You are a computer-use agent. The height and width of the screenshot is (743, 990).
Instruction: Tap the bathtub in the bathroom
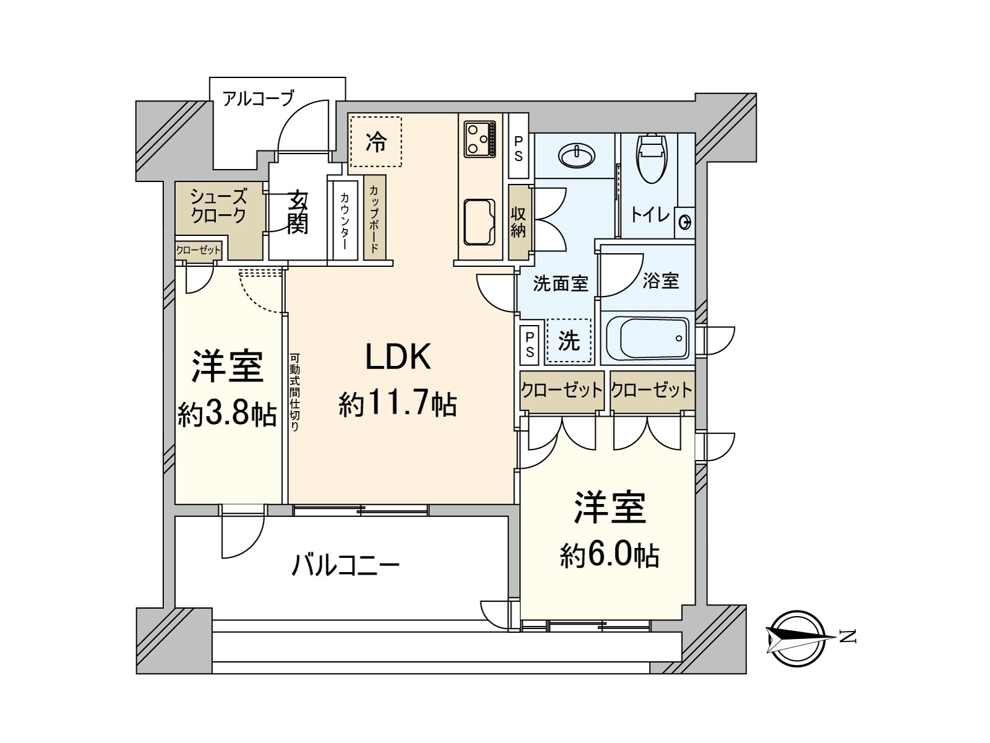(x=648, y=338)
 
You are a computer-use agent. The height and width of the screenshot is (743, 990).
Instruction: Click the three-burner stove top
(x=480, y=139)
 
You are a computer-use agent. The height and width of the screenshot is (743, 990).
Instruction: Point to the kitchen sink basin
(x=480, y=222)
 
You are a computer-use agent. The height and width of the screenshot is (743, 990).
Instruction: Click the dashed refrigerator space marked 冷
(x=376, y=142)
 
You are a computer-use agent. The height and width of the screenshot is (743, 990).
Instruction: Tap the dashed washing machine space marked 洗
(x=568, y=341)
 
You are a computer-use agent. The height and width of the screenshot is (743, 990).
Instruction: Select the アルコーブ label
(x=258, y=98)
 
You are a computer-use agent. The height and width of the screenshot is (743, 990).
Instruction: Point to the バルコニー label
(x=345, y=566)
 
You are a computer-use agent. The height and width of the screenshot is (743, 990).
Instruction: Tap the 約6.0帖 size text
(x=610, y=556)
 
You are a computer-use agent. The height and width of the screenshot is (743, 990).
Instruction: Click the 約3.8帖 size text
(x=227, y=415)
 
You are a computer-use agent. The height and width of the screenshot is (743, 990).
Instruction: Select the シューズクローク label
(x=218, y=206)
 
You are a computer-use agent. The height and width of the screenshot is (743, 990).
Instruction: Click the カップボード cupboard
(x=375, y=217)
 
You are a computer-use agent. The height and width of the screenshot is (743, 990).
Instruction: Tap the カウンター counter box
(x=345, y=221)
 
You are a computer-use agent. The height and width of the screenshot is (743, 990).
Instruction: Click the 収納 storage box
(x=519, y=222)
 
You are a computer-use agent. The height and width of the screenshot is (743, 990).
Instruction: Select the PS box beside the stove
(x=519, y=146)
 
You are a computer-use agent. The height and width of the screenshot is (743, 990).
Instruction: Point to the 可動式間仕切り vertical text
(x=294, y=392)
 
